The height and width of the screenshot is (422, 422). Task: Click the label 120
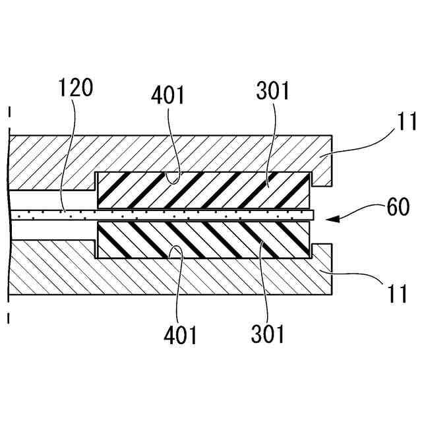click(x=76, y=88)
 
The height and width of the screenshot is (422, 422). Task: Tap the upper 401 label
click(x=168, y=94)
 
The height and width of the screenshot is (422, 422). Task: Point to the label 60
click(x=398, y=208)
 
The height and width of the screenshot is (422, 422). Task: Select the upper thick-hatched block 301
click(x=203, y=189)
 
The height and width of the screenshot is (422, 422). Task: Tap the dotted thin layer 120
click(x=165, y=215)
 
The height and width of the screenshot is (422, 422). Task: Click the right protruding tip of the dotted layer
click(x=314, y=215)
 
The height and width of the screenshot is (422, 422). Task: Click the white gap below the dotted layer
click(x=53, y=231)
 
